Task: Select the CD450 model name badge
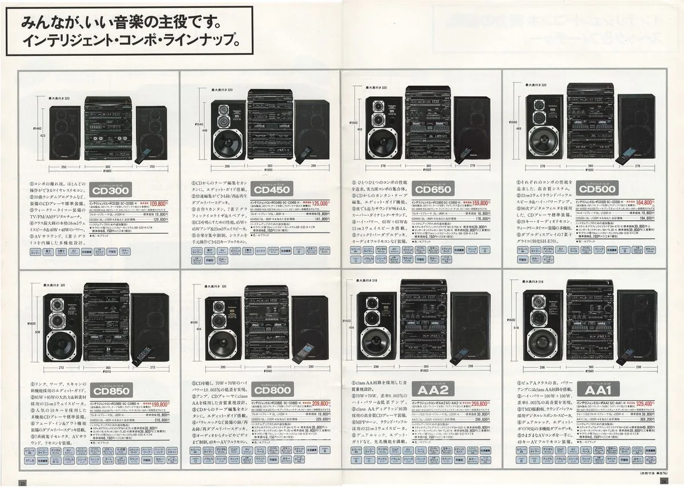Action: pos(274,190)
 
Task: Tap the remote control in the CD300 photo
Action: pos(146,153)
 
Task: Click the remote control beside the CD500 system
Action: pos(629,153)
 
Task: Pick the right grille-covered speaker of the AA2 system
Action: pos(470,326)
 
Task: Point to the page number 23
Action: pos(23,483)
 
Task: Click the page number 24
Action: pos(664,481)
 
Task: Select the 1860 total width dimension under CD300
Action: pos(105,172)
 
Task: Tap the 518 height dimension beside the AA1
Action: pos(518,330)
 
